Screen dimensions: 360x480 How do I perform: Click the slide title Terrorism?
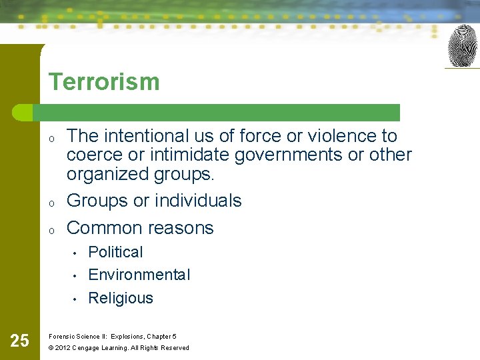(x=104, y=82)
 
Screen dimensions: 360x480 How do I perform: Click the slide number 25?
(x=20, y=341)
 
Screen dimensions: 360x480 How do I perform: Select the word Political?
(x=115, y=252)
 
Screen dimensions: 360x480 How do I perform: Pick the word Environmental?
(x=139, y=275)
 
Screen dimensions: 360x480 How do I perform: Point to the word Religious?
(x=121, y=298)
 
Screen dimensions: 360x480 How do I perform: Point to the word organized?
(x=106, y=174)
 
